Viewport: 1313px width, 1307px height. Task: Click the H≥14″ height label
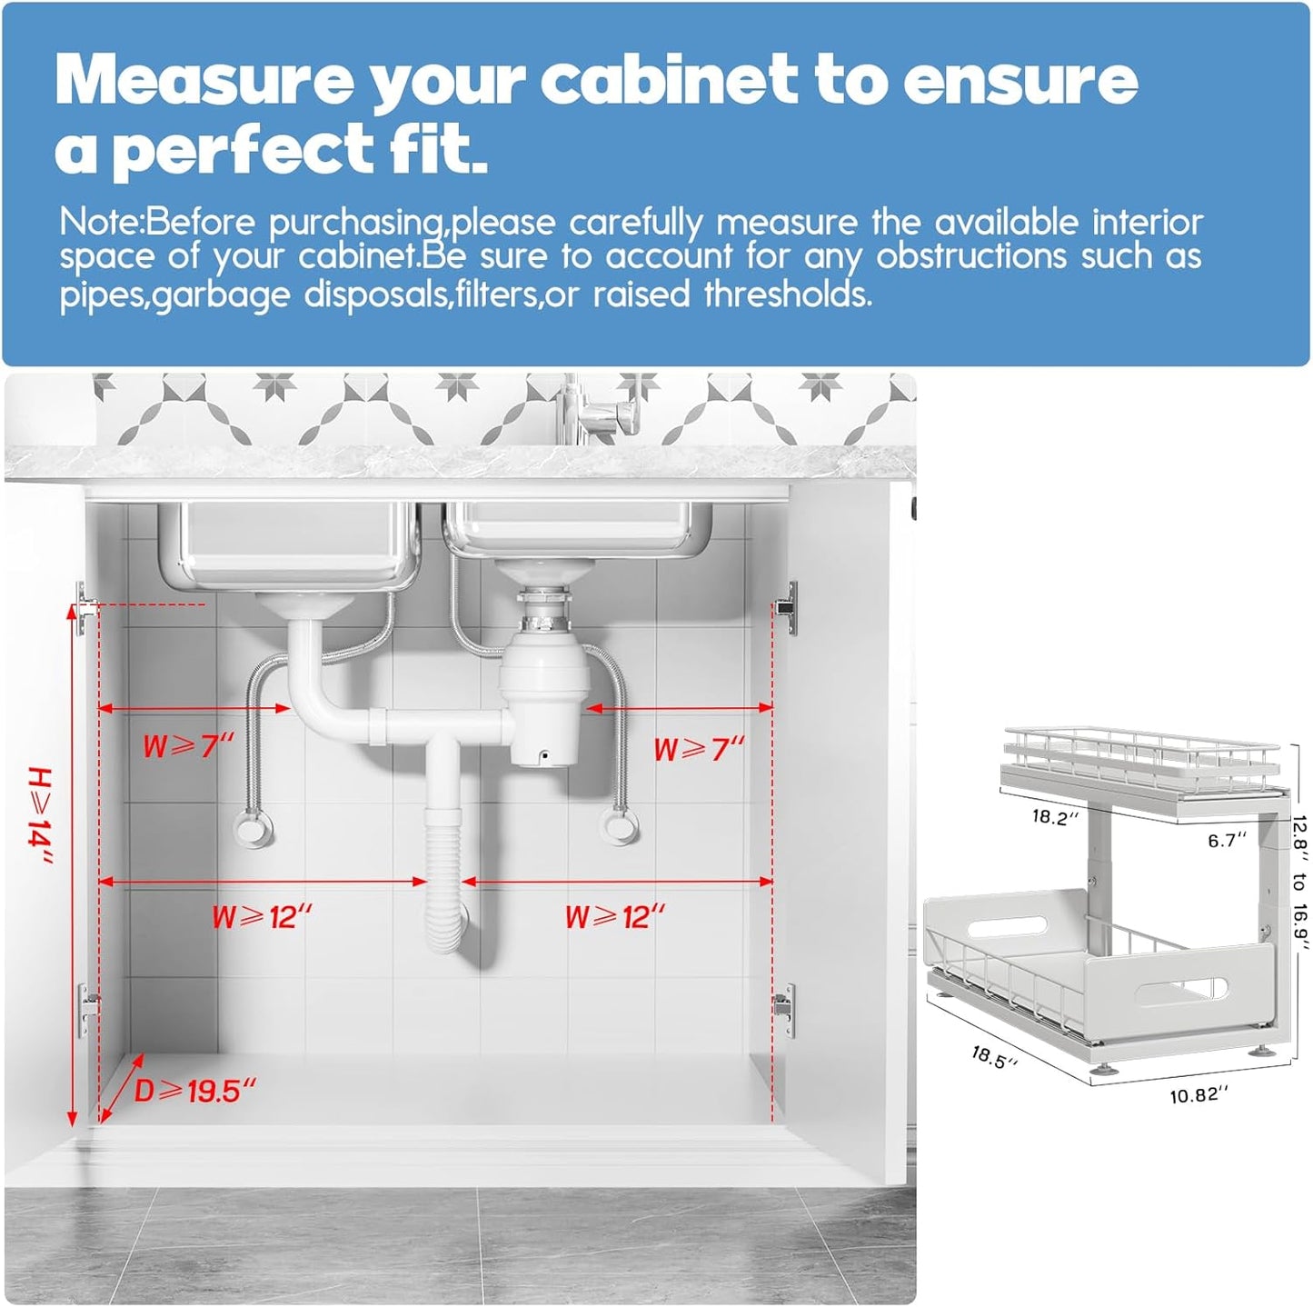click(x=40, y=814)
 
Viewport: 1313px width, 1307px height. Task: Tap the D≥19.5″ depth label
click(x=195, y=1090)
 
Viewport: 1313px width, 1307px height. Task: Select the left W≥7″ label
click(x=188, y=746)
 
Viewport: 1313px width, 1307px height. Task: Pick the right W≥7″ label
click(x=699, y=749)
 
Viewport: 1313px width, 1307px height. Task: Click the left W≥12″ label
click(x=261, y=916)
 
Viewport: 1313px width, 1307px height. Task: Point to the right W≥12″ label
click(x=614, y=916)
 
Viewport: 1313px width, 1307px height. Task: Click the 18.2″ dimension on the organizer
click(x=1055, y=816)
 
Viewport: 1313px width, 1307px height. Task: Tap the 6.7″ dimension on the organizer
click(x=1226, y=840)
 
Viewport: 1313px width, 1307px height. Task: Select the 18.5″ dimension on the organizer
click(x=994, y=1056)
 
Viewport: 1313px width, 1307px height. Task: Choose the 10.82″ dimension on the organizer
click(x=1199, y=1094)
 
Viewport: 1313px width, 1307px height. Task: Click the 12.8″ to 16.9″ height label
click(x=1300, y=882)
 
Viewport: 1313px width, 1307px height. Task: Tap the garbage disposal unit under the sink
click(x=543, y=691)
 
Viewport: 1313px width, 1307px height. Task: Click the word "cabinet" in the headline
click(x=669, y=80)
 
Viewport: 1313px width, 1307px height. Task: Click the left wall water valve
click(x=252, y=826)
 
